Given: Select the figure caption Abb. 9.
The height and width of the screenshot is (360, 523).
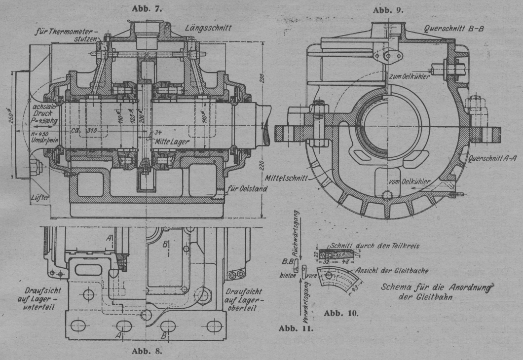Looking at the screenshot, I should (x=388, y=9).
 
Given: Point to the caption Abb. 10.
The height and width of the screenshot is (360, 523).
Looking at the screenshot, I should (x=341, y=313).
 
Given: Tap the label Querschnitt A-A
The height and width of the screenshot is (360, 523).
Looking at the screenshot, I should (x=494, y=159).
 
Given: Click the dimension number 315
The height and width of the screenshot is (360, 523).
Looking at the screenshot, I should (x=91, y=130).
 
